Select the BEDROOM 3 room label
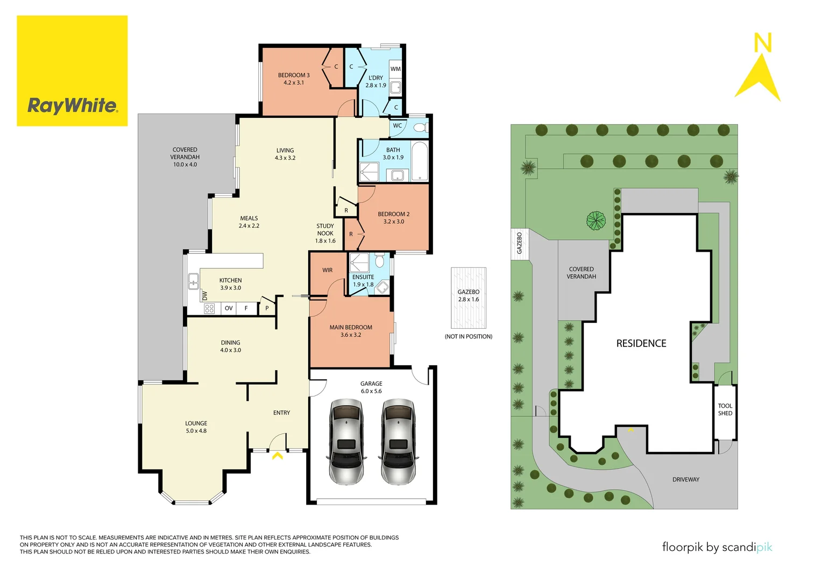point(294,79)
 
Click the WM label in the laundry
point(395,69)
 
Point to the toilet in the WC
point(420,127)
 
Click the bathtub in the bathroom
point(420,161)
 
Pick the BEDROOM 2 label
point(393,218)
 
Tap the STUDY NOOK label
point(325,233)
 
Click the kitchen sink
point(193,281)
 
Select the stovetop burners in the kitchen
point(209,308)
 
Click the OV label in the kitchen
point(229,308)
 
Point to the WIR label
point(327,270)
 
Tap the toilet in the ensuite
point(379,261)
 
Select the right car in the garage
point(398,441)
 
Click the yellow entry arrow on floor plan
point(278,456)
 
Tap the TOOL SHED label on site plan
point(725,409)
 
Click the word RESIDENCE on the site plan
point(641,343)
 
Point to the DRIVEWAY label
point(685,479)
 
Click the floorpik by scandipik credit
point(717,547)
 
